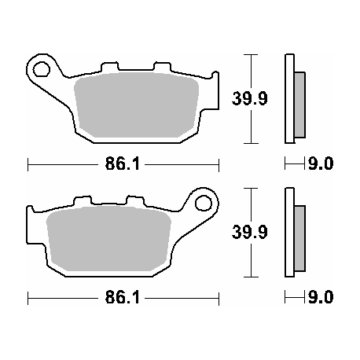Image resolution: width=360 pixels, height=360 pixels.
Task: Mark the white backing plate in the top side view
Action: [x=289, y=98]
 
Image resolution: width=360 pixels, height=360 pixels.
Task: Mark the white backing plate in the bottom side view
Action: [x=289, y=233]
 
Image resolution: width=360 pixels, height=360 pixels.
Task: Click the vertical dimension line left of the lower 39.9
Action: [x=250, y=233]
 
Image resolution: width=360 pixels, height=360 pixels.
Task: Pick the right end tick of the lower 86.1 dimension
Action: [x=217, y=299]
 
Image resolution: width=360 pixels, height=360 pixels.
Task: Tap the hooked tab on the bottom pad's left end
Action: [x=31, y=215]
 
